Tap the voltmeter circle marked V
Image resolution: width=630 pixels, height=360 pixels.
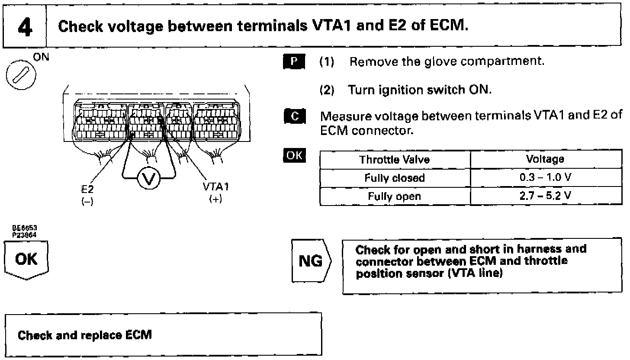tap(148, 178)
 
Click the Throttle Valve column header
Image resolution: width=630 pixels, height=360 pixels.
tap(395, 159)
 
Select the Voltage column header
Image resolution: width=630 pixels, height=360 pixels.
tap(545, 159)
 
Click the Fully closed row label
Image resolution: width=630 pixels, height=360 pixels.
tap(395, 177)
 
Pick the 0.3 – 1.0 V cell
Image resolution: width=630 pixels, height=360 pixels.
tap(545, 177)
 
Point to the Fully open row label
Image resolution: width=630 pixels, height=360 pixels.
tap(395, 196)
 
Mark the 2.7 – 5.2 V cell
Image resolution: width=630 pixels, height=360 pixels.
tap(545, 196)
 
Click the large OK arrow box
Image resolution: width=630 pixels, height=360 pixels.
tap(26, 259)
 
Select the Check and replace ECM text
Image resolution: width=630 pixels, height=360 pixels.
tap(84, 335)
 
